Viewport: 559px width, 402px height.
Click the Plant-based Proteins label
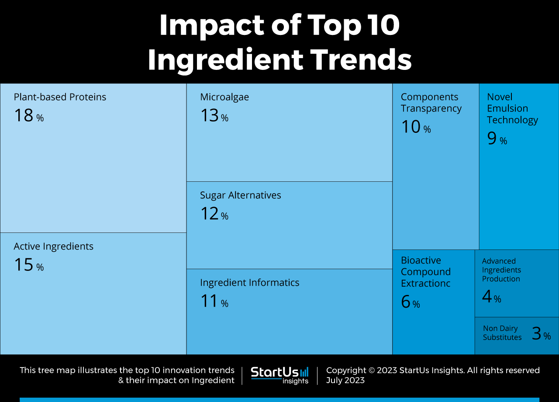coord(60,97)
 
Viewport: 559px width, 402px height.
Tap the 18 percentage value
coord(29,116)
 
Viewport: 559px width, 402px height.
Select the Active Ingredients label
coord(53,246)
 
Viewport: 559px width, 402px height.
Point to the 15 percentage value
coord(29,265)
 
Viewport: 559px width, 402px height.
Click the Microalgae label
coord(224,97)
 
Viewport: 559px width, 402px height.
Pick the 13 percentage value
coord(214,116)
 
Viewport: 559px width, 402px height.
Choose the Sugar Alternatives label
coord(241,195)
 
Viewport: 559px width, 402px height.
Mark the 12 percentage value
coord(214,214)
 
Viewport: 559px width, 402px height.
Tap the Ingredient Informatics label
coord(250,283)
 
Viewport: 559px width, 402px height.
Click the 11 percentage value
coord(214,301)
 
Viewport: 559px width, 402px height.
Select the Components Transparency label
coord(431,103)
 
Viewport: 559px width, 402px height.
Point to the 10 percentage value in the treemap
coord(415,127)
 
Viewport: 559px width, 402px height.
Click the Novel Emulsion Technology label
coord(512,108)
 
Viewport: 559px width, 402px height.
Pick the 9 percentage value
coord(497,139)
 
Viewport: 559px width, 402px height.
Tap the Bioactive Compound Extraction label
coord(426,272)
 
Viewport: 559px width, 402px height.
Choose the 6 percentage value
coord(410,302)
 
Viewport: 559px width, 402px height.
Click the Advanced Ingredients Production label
coord(501,270)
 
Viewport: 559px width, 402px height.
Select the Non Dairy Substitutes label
coord(502,333)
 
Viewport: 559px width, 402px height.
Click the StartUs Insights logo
coord(279,375)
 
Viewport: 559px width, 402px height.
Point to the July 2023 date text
coord(345,380)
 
